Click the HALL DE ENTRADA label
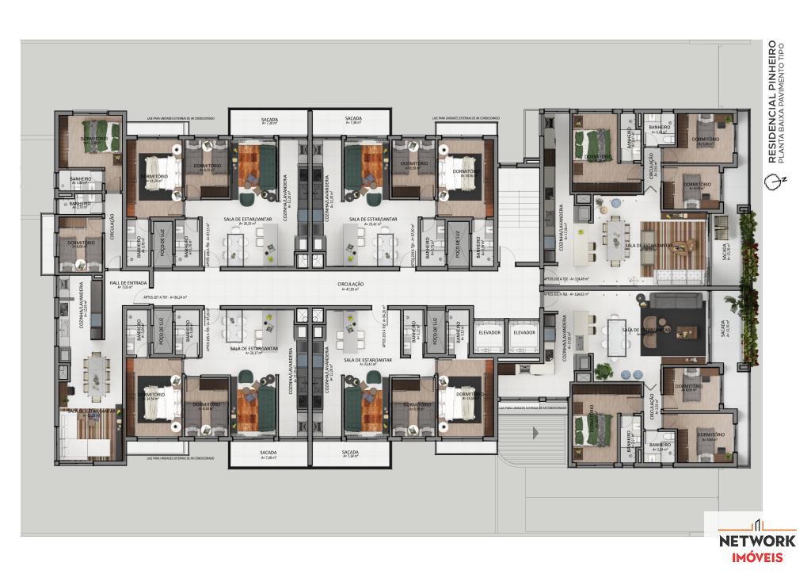point(127,282)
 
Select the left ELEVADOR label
point(489,332)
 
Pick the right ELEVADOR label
point(524,332)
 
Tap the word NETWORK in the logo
point(756,541)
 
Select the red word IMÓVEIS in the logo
point(756,557)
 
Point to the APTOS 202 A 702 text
point(569,278)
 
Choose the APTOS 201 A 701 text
point(569,294)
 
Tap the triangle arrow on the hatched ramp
point(536,433)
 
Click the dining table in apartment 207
point(96,369)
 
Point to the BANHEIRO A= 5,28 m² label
point(659,129)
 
